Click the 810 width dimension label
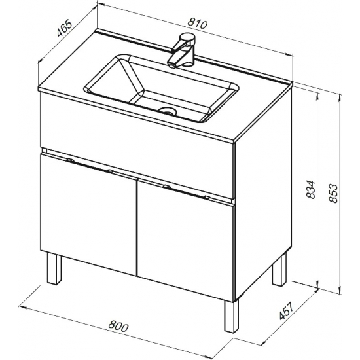198,24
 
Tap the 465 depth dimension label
65,29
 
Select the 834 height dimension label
311,189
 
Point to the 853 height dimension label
333,193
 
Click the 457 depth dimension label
286,311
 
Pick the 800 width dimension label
118,327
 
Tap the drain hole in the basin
168,111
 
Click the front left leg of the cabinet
54,268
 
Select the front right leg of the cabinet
232,316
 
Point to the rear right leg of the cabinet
280,269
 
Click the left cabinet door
88,213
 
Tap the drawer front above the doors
137,146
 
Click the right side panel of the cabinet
264,193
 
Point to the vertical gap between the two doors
137,227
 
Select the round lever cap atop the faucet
189,37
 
